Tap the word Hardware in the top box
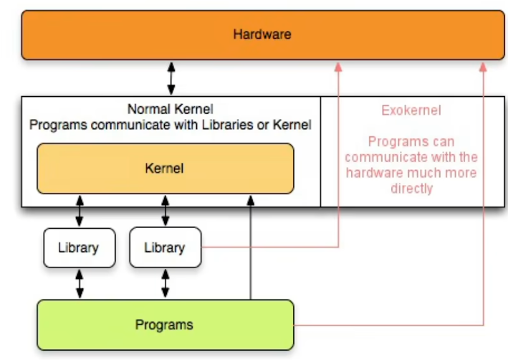[x=262, y=34]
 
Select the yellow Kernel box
[x=165, y=169]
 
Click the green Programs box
[x=165, y=325]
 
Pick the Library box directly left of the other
[x=79, y=247]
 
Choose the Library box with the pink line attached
[x=165, y=247]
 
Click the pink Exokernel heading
[x=411, y=110]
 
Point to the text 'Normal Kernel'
[x=171, y=110]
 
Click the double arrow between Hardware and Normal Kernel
[x=171, y=78]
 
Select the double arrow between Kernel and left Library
[x=80, y=210]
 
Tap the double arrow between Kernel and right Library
[x=166, y=210]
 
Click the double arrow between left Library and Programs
[x=80, y=283]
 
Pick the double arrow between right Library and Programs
[x=166, y=283]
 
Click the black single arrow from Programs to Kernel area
[x=251, y=251]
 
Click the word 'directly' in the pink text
[x=411, y=189]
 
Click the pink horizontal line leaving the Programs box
[x=387, y=325]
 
